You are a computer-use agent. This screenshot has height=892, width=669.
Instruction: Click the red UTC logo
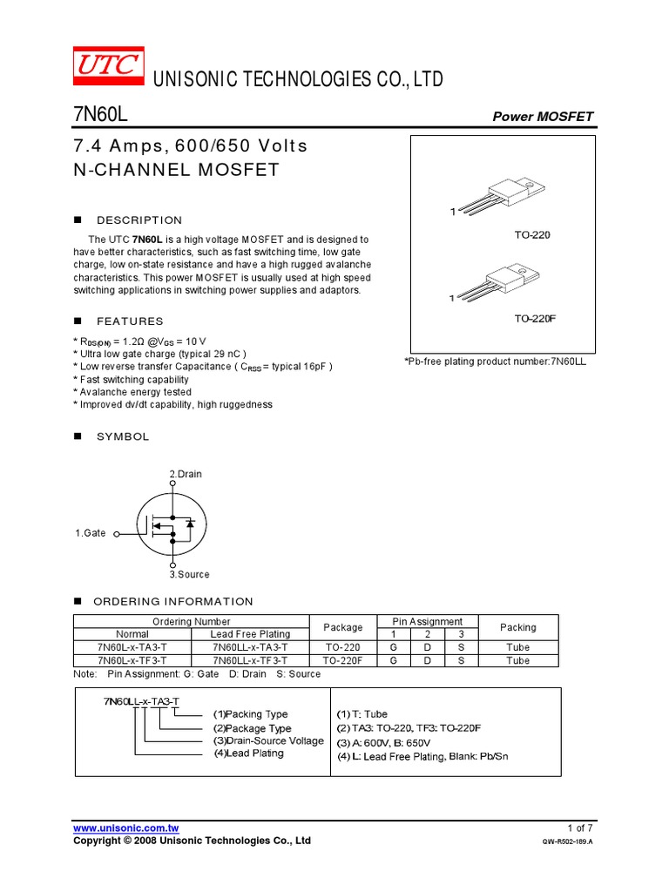[107, 64]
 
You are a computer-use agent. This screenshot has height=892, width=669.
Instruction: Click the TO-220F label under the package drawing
[534, 319]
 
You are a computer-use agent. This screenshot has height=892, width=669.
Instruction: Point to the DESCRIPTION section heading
[139, 220]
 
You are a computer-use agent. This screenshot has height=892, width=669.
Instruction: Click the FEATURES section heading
[130, 321]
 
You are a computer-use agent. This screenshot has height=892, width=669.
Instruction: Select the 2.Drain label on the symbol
[186, 474]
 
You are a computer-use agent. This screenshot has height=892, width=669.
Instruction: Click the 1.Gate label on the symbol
[91, 533]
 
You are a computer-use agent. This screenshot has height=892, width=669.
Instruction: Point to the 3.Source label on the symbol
[189, 575]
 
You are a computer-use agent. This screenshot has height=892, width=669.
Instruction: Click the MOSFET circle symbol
[172, 525]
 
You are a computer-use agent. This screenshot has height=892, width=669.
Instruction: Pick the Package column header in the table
[343, 627]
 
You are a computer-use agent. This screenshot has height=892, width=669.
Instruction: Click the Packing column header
[518, 627]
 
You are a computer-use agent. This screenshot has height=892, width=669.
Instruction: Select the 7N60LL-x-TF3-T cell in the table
[249, 660]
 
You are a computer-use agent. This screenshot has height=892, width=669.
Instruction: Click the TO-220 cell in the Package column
[343, 647]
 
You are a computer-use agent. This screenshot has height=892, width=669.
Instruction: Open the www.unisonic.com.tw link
[126, 828]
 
